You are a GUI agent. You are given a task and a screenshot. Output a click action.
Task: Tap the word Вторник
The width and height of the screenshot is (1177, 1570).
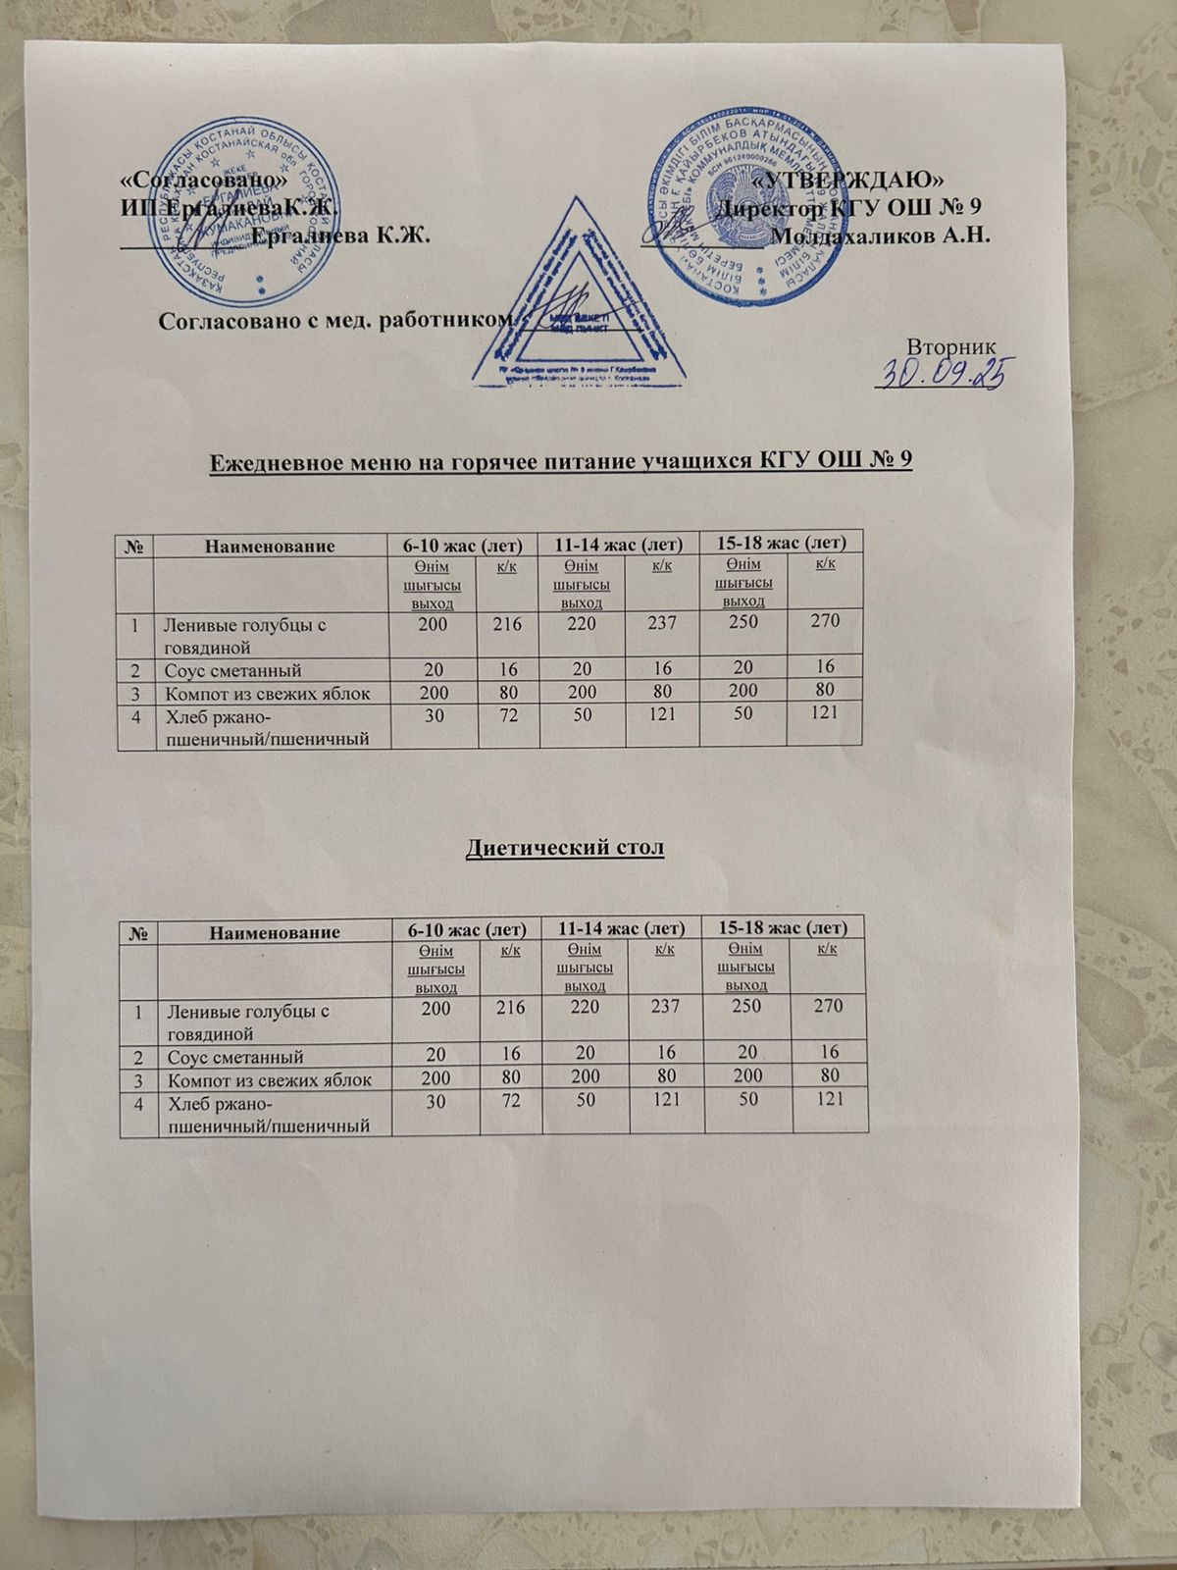[x=952, y=346]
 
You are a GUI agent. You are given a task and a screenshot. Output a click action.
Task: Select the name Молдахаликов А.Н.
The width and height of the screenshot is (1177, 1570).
[x=880, y=235]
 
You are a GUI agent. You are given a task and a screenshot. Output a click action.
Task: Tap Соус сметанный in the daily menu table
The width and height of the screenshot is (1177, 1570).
[x=233, y=670]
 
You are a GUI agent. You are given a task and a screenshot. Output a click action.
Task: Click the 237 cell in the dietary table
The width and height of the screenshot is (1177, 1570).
[x=662, y=1007]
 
